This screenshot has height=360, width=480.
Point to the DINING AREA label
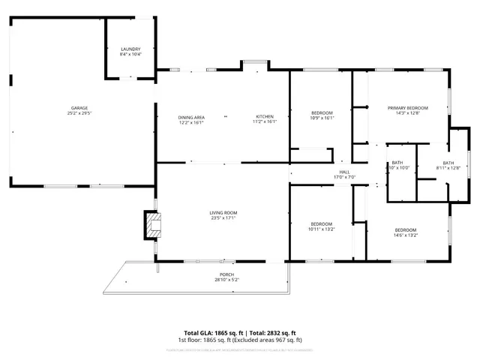pos(191,117)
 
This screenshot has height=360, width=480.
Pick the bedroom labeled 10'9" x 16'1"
pos(322,117)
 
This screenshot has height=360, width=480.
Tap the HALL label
pos(345,172)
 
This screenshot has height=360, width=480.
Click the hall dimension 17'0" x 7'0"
pos(345,177)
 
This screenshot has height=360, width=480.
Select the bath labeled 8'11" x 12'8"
pos(448,166)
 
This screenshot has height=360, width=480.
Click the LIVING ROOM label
pos(223,213)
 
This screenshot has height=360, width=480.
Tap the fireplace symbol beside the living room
pos(153,224)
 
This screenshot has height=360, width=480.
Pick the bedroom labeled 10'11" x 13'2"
pos(322,226)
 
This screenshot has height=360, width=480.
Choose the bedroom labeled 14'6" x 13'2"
pos(406,232)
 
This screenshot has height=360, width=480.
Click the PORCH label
pos(226,274)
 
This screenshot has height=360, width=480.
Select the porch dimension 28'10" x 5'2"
pos(226,280)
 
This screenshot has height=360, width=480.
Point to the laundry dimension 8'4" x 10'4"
pos(130,54)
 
